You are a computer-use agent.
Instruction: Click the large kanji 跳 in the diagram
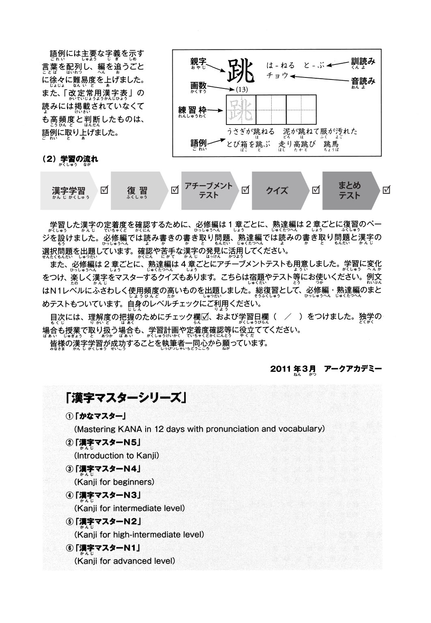coord(241,71)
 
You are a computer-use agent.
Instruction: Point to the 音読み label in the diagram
coord(363,81)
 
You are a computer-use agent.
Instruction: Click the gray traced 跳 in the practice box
coord(241,110)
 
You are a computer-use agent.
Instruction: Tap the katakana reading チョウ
coord(277,75)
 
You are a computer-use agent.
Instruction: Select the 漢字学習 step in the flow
coord(69,191)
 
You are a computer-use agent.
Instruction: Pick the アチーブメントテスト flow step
coord(208,190)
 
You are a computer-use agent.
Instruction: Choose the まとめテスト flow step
coord(349,190)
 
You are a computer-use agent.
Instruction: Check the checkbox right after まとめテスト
coord(386,190)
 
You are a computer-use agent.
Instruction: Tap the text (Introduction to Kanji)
coord(116,455)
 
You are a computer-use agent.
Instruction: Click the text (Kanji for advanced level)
coord(124,561)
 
